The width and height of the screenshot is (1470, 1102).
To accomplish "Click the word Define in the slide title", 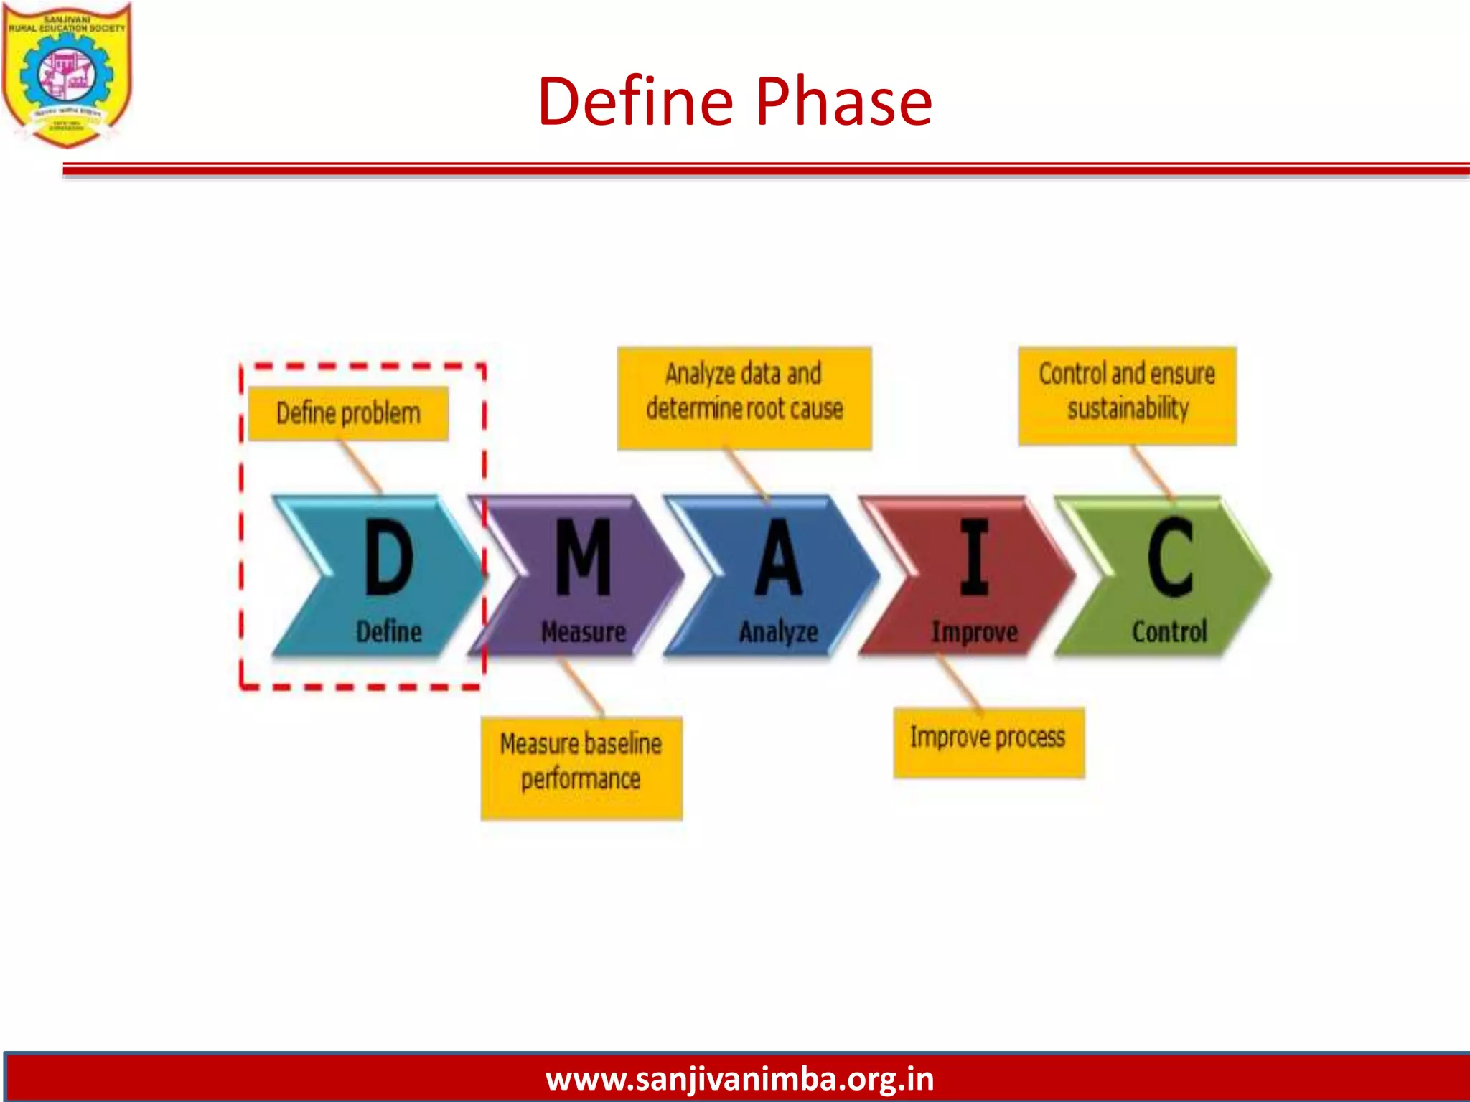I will point(635,102).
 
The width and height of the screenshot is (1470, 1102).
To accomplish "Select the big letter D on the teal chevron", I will point(389,557).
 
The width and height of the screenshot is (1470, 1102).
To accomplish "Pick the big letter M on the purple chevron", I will point(584,557).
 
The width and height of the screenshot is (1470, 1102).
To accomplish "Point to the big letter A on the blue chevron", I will point(778,557).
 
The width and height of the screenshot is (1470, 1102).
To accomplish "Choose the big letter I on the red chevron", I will point(974,557).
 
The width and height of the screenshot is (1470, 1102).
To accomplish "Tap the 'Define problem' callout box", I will point(348,413).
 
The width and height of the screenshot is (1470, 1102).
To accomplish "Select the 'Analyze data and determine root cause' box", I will point(744,397).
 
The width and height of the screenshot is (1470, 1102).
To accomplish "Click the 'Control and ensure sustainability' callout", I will point(1127,395).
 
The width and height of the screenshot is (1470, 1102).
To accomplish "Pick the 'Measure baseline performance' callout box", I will point(581,768).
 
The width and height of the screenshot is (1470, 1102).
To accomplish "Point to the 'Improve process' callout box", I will point(988,742).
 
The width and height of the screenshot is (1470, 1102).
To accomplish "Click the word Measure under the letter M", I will point(584,632).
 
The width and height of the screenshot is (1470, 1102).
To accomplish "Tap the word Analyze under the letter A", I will point(779,632).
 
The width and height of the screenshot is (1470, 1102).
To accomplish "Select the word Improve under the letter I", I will point(974,632).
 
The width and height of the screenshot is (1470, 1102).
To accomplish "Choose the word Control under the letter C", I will point(1169,632).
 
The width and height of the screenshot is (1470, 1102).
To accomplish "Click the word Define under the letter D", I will point(389,632).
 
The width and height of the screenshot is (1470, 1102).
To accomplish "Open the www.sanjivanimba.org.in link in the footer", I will point(739,1079).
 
